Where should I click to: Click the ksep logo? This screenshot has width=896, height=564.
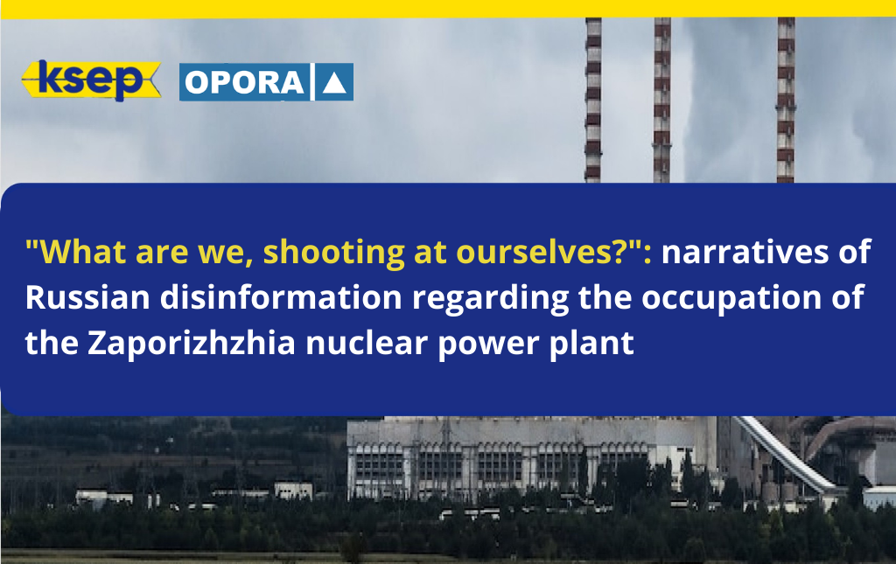[x=90, y=80]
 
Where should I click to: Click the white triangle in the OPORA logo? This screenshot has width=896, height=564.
[x=336, y=82]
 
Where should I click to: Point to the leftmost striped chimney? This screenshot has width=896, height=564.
[x=593, y=96]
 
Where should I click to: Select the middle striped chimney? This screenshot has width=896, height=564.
[x=661, y=96]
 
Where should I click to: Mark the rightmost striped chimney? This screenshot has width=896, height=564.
[x=785, y=96]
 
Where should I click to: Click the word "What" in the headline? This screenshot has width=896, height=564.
[x=69, y=253]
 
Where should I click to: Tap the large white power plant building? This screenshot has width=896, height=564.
[x=525, y=455]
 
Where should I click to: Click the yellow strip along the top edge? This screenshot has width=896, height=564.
[x=448, y=8]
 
